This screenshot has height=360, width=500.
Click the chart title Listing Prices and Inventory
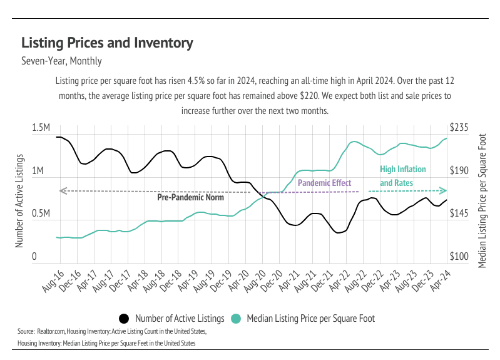tap(107, 43)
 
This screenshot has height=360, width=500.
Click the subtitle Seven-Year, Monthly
tap(61, 61)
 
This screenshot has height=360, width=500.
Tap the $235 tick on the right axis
tap(460, 128)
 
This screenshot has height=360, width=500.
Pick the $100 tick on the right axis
tap(460, 257)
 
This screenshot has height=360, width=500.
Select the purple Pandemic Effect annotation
tap(324, 183)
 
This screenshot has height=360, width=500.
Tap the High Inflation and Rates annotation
tap(403, 177)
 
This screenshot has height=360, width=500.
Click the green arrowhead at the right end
tap(444, 190)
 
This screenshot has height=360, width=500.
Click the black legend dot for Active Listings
tap(124, 318)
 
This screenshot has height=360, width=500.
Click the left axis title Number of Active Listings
tap(19, 200)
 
